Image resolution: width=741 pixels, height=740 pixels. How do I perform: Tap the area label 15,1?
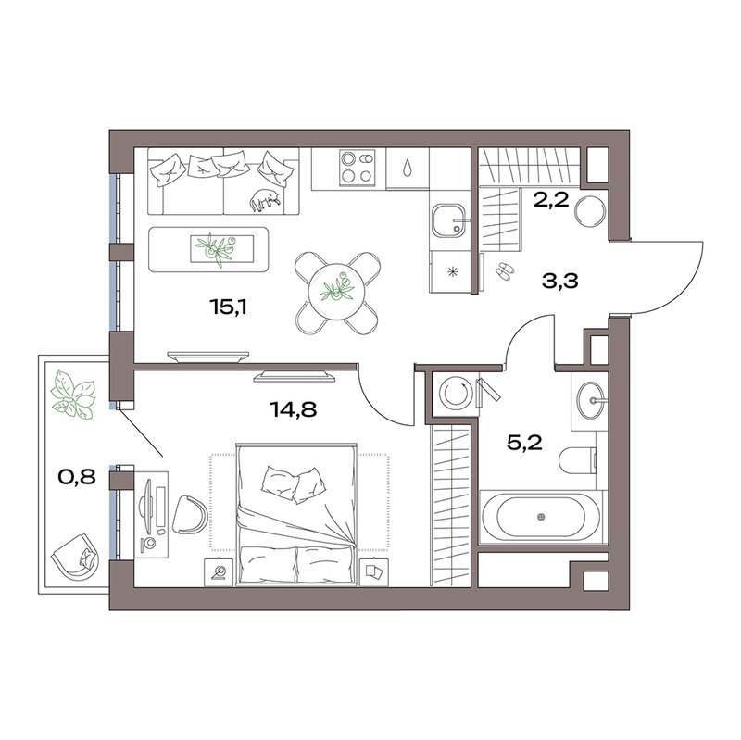(x=229, y=307)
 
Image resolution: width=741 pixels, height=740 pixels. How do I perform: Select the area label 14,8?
(x=293, y=409)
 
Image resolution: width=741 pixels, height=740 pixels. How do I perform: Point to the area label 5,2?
(x=524, y=444)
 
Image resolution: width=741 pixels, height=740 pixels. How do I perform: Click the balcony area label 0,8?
(x=77, y=477)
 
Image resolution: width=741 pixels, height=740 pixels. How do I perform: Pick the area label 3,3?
(x=560, y=282)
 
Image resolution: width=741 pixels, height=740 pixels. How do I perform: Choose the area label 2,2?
(x=551, y=200)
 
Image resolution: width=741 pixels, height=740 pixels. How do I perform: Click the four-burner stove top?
(x=357, y=168)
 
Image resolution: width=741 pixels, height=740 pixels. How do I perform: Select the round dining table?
(x=336, y=292)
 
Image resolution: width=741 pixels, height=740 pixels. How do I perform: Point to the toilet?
(x=577, y=459)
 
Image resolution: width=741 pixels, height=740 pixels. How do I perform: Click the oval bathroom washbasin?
(x=591, y=401)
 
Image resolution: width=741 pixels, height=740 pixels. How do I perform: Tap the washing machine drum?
(x=453, y=392)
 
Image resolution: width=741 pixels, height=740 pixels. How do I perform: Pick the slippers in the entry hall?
(x=504, y=270)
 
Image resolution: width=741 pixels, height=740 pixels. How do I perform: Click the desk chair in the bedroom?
(x=190, y=515)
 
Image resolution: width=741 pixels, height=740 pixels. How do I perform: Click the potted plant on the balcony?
(x=73, y=395)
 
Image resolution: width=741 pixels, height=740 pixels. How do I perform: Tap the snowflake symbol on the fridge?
(x=453, y=271)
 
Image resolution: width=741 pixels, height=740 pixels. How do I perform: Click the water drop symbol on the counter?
(x=407, y=168)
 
